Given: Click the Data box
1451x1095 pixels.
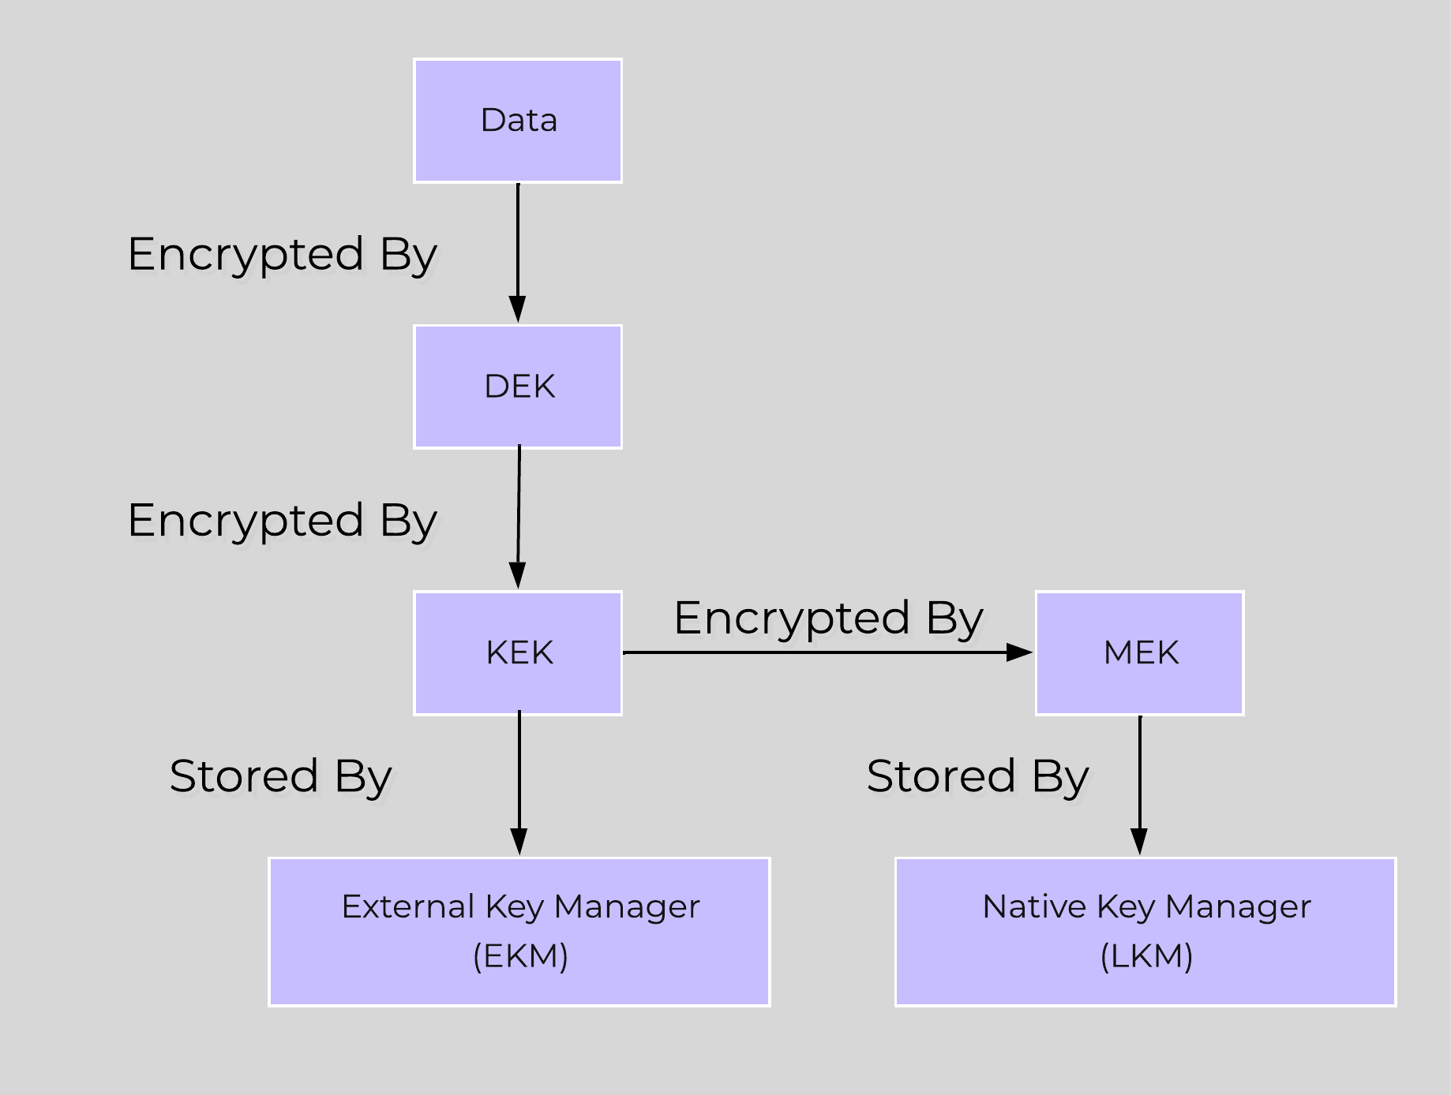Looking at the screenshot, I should pos(518,121).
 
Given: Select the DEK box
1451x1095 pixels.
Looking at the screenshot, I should pos(518,387).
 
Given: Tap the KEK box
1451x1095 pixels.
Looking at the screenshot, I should pos(518,652).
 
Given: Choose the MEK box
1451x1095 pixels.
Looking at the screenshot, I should pos(1139,652).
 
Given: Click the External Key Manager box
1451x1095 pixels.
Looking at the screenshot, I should pos(519,931).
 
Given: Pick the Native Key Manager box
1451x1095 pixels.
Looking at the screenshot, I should pos(1145,931).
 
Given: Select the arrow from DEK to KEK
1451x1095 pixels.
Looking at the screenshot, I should pos(519,517).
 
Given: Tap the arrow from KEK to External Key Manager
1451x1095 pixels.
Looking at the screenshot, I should pos(519,781).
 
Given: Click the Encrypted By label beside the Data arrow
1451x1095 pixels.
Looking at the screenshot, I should pos(282,255).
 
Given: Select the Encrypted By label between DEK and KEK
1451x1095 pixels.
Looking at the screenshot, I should pos(282,521).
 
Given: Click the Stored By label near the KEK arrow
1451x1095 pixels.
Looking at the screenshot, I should pos(280,776).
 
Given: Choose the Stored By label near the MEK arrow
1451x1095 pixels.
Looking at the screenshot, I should pos(977,776).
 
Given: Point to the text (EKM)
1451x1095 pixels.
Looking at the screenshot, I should pos(520,956).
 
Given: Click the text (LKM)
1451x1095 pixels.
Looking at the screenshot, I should pos(1146,956).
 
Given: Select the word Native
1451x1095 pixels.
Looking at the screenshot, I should pos(1033,906).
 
